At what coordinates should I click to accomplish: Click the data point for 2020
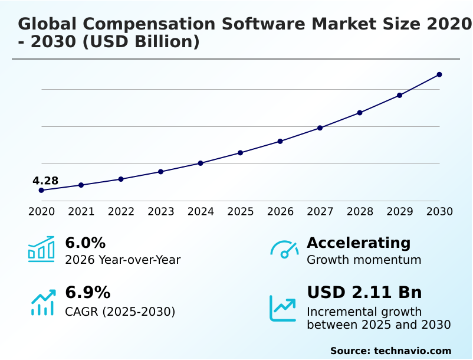click(x=41, y=190)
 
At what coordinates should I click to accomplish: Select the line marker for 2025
click(x=240, y=153)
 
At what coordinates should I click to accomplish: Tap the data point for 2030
click(x=439, y=74)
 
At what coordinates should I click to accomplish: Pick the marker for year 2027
click(x=320, y=128)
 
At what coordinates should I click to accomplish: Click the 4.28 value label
click(x=45, y=181)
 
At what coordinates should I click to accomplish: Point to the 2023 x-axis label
click(x=160, y=212)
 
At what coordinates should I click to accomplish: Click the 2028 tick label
click(x=360, y=212)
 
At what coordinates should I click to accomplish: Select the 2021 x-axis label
click(x=81, y=212)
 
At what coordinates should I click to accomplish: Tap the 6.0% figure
click(x=85, y=243)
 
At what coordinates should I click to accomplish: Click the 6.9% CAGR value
click(x=87, y=293)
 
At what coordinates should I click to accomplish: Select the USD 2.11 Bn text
click(x=364, y=293)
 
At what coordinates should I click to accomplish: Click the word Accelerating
click(x=359, y=243)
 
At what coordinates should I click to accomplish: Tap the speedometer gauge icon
click(x=284, y=249)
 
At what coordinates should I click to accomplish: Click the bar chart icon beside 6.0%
click(x=41, y=249)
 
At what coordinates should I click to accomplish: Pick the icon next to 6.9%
click(x=42, y=302)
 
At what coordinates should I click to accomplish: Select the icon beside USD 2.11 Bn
click(x=283, y=307)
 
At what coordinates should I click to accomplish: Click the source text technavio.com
click(x=412, y=351)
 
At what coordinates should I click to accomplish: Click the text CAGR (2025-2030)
click(x=120, y=312)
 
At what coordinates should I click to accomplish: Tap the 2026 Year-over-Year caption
click(x=123, y=260)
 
